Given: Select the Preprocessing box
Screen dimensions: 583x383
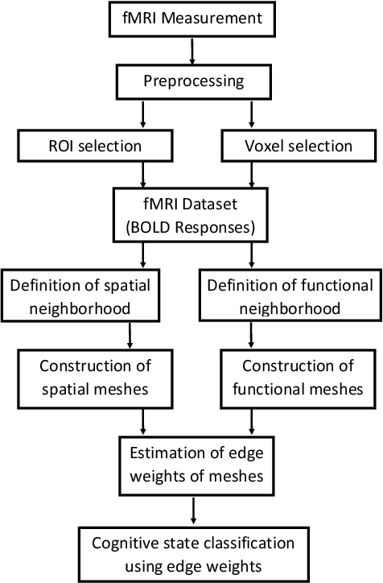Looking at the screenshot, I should (191, 81).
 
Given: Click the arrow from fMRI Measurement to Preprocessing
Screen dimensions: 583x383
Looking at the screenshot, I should (191, 50).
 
